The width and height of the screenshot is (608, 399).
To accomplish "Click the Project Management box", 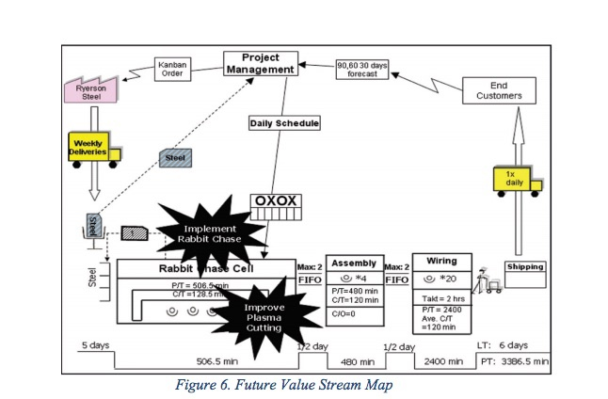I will tap(261, 63).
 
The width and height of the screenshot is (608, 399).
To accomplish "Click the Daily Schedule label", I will tap(284, 122).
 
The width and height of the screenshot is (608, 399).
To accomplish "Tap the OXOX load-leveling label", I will tap(275, 201).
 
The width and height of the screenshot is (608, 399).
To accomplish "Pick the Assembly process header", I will tap(355, 263).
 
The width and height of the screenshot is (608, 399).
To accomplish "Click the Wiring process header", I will tap(441, 261).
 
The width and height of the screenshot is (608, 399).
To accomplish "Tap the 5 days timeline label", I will tap(93, 344).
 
